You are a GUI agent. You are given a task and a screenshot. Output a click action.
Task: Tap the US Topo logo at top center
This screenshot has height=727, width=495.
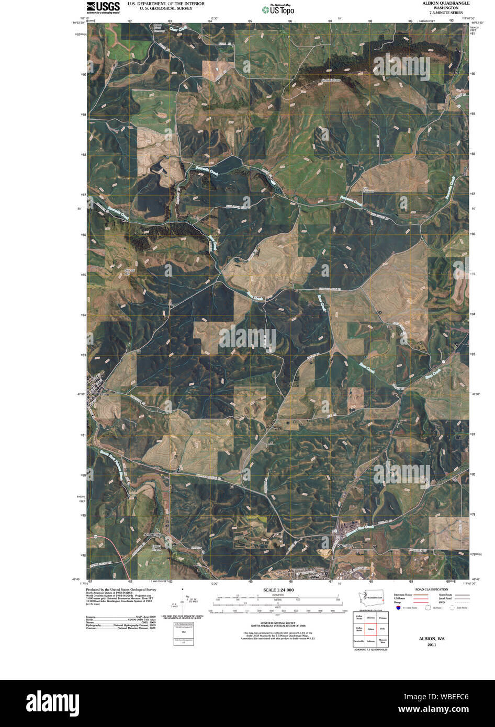[x=278, y=8]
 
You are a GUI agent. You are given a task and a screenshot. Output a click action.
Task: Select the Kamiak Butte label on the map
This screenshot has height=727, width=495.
[x=330, y=80]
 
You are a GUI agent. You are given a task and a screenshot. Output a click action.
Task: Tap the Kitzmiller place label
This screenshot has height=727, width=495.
[x=346, y=546]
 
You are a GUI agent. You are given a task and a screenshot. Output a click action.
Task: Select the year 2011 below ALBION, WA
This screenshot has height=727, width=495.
[x=431, y=645]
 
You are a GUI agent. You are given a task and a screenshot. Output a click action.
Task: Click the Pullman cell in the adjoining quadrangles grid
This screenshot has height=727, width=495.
[x=371, y=641]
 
